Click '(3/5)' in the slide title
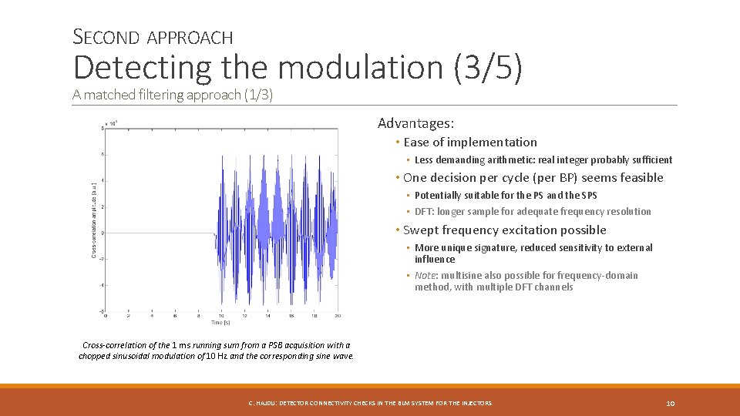(x=488, y=68)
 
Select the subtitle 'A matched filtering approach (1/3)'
(x=173, y=95)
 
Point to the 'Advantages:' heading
(x=415, y=123)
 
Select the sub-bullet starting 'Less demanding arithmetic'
(x=543, y=160)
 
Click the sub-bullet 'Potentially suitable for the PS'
(x=506, y=196)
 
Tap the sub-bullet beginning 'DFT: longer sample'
(x=533, y=212)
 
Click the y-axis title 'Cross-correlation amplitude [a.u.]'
(x=95, y=220)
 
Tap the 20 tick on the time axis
(x=338, y=317)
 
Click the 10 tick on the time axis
(x=222, y=317)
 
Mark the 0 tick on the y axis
(x=102, y=233)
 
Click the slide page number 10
(x=670, y=403)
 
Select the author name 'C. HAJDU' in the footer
(x=261, y=403)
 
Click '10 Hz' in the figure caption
(x=215, y=356)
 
